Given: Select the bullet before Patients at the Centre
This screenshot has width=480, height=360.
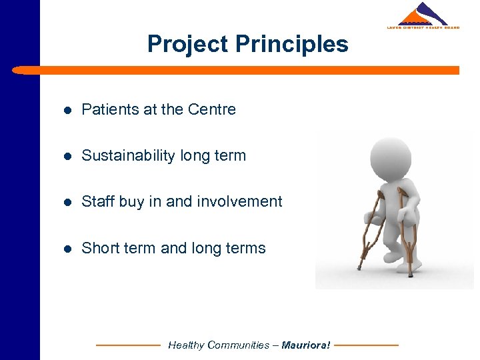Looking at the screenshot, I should (67, 110).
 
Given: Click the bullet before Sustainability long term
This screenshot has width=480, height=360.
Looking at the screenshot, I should (67, 156).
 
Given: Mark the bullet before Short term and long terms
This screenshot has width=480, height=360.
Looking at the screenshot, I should (67, 249).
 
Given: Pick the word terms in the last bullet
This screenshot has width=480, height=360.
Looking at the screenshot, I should (247, 248).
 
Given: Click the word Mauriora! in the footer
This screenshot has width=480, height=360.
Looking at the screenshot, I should (305, 345).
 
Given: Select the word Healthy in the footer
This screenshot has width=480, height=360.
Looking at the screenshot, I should (186, 345).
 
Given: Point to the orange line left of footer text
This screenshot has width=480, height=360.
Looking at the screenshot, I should (128, 345).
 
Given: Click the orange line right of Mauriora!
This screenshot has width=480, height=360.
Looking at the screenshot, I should (366, 345).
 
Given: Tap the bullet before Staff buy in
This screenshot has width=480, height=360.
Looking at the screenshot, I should (67, 202).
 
